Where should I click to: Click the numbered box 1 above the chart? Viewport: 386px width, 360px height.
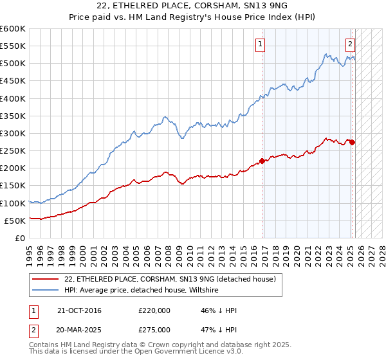point(260,44)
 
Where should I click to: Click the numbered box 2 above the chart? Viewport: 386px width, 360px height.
point(350,44)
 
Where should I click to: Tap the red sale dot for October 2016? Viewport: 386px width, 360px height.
point(262,161)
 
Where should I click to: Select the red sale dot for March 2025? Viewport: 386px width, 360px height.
point(353,142)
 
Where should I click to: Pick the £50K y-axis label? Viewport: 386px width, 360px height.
point(15,221)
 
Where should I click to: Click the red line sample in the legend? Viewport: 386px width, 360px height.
point(46,279)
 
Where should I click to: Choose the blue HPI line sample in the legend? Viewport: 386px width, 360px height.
point(46,290)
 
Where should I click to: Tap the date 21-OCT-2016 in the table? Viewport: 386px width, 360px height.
point(79,310)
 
